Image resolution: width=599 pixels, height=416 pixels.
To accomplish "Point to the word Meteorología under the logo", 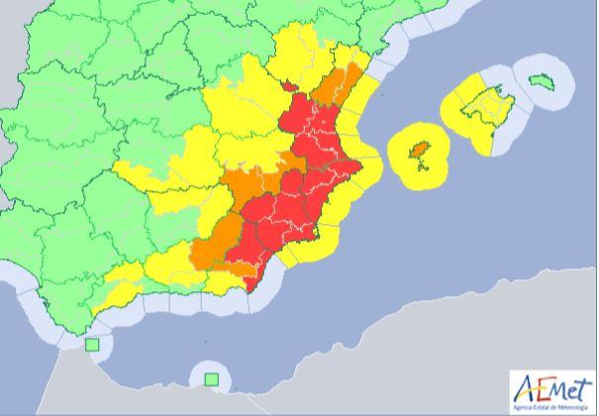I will point(573,406).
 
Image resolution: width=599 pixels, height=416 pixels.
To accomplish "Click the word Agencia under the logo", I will point(523,406).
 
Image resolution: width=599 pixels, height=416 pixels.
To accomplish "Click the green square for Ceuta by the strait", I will point(93,345).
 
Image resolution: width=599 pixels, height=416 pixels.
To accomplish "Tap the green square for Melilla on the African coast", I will point(211,377).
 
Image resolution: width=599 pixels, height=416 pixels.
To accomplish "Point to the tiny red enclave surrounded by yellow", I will point(288,87).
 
